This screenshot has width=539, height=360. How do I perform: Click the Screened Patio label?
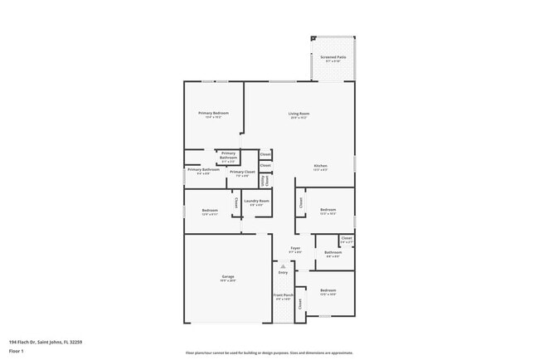click(x=333, y=57)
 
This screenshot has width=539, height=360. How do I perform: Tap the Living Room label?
click(x=299, y=114)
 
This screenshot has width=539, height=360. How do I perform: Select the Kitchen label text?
click(x=320, y=166)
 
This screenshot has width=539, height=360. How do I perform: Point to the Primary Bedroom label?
click(x=213, y=114)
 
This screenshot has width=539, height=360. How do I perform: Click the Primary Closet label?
click(x=242, y=173)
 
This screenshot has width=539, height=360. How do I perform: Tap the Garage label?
click(x=227, y=277)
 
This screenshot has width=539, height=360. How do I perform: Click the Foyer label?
click(x=294, y=248)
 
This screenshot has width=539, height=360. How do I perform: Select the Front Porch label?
click(x=284, y=295)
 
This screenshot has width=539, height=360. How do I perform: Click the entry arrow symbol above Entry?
click(x=283, y=265)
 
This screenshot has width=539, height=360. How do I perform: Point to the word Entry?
click(x=283, y=272)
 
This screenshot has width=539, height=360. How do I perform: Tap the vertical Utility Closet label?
click(x=265, y=180)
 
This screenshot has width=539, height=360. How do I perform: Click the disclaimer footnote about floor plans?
click(x=269, y=353)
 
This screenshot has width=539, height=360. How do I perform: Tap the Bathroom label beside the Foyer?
click(x=333, y=253)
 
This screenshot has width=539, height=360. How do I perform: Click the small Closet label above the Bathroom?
click(x=347, y=239)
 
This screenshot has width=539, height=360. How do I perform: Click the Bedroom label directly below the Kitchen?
click(x=328, y=211)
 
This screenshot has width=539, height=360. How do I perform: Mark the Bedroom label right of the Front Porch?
click(x=328, y=290)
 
